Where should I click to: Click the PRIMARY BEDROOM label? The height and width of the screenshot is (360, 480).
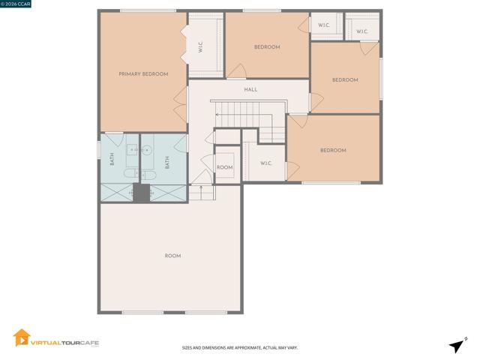[x=143, y=74]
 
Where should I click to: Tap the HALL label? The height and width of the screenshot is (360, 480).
[x=250, y=90]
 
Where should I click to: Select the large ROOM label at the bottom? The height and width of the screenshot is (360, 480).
[x=172, y=256]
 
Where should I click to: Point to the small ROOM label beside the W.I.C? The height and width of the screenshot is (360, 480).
[x=225, y=167]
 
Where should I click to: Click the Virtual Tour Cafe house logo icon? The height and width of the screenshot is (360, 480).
[x=22, y=337]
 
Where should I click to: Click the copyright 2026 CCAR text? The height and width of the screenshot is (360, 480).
[x=15, y=4]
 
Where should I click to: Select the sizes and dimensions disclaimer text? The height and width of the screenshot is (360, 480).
[x=240, y=348]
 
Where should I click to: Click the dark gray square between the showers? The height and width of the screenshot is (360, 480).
[x=142, y=193]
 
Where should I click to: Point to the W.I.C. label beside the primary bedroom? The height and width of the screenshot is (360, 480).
[x=200, y=47]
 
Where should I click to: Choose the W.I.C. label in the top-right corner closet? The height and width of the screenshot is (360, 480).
[x=361, y=31]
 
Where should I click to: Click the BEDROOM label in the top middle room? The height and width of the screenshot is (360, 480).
[x=267, y=46]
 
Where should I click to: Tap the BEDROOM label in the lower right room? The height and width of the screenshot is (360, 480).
[x=333, y=150]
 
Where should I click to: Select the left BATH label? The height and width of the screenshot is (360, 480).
[x=112, y=159]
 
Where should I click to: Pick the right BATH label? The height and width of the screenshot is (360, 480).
[x=167, y=162]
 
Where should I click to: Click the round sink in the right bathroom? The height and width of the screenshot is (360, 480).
[x=147, y=151]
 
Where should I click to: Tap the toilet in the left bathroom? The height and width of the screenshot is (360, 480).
[x=132, y=173]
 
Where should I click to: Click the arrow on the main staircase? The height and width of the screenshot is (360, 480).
[x=244, y=115]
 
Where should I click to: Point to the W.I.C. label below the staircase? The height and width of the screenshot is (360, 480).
[x=265, y=163]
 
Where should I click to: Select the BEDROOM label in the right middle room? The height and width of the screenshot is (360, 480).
[x=345, y=80]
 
